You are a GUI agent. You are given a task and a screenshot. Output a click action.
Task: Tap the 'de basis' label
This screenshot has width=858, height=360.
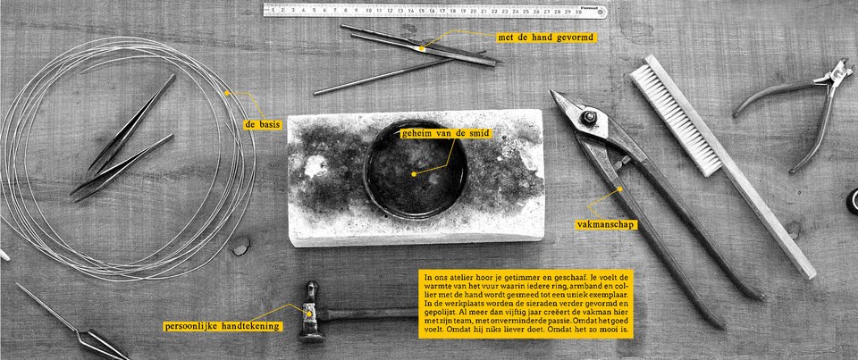263,125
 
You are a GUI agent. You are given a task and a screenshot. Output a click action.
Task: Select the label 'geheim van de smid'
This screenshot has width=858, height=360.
445,133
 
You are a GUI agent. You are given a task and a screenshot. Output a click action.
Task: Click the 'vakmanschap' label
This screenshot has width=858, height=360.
607,223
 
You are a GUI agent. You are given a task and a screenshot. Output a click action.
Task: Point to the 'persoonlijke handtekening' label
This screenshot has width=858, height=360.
223,326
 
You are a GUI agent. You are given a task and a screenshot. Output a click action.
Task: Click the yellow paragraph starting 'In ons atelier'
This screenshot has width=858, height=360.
526,304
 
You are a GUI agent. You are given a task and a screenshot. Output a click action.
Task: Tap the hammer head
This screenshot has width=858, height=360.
311,313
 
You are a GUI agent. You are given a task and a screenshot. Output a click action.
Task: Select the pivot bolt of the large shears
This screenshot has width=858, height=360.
589,116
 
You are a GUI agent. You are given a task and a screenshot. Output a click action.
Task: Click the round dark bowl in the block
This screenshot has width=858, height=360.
416,169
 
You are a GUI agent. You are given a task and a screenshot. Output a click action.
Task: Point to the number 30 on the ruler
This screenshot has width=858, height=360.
578,11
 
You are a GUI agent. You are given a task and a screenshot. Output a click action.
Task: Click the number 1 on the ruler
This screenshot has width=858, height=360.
272,9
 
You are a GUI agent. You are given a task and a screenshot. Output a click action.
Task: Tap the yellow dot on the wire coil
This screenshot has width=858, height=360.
226,93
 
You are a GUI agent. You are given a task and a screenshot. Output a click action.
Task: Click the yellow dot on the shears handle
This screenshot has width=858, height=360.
620,189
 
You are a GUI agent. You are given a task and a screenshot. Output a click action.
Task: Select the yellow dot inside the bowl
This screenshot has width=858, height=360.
414,174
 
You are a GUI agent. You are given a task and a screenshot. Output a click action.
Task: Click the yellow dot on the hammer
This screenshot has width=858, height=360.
308,314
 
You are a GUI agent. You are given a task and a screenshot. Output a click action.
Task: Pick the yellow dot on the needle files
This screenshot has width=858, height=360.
421,48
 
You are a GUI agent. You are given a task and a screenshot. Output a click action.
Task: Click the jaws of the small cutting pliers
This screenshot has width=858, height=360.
837,72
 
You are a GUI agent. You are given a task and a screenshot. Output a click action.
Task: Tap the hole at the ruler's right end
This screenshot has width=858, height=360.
600,11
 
